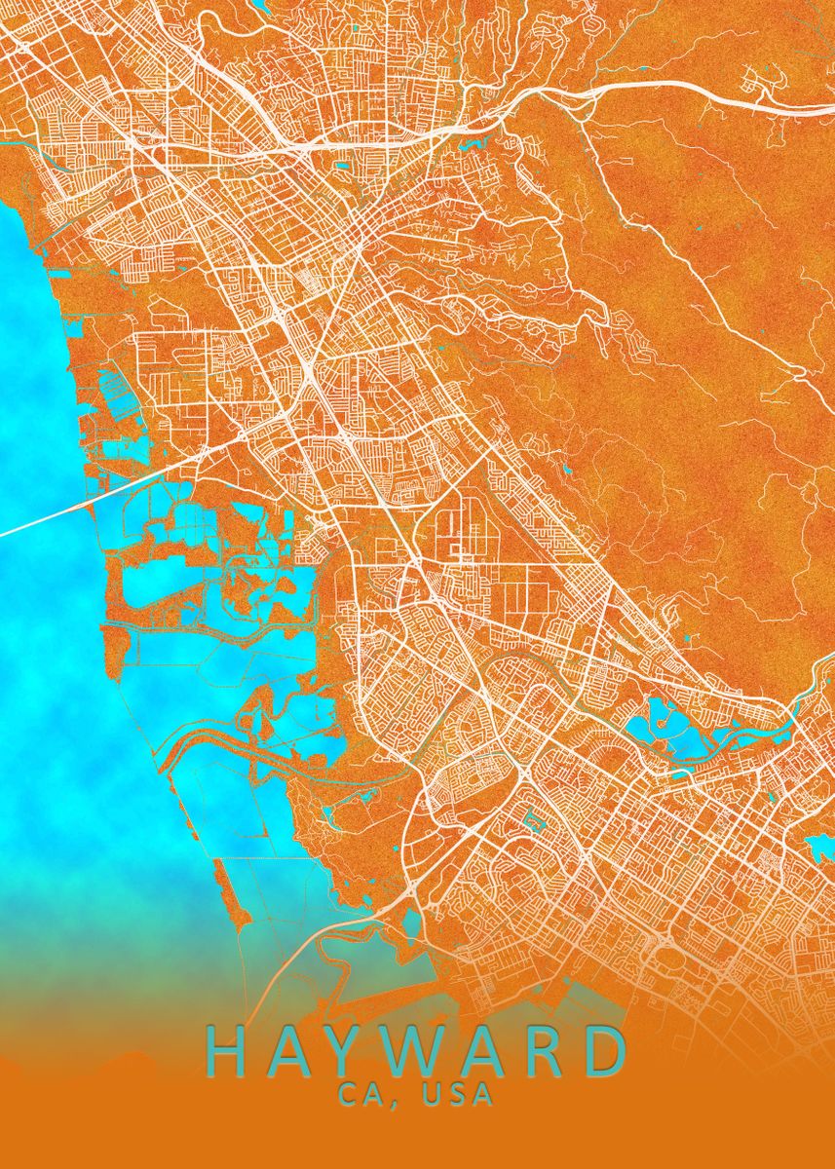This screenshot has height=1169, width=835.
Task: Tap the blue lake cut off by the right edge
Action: (x=821, y=846)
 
